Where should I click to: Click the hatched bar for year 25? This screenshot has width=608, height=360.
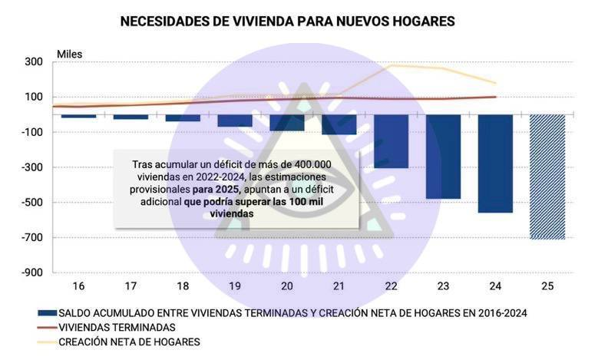(x=547, y=177)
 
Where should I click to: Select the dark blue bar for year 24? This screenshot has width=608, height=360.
(x=495, y=163)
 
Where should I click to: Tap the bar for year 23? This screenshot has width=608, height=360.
(x=443, y=157)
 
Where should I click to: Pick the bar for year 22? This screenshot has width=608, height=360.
(x=392, y=141)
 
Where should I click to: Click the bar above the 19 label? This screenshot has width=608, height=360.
(x=235, y=121)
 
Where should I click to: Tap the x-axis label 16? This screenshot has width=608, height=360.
(x=78, y=286)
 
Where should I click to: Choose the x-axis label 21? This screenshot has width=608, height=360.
(x=339, y=286)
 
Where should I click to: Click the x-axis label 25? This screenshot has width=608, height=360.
(x=547, y=286)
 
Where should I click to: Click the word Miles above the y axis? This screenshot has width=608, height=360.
(x=69, y=54)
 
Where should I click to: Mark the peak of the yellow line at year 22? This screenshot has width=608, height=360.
(x=392, y=65)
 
